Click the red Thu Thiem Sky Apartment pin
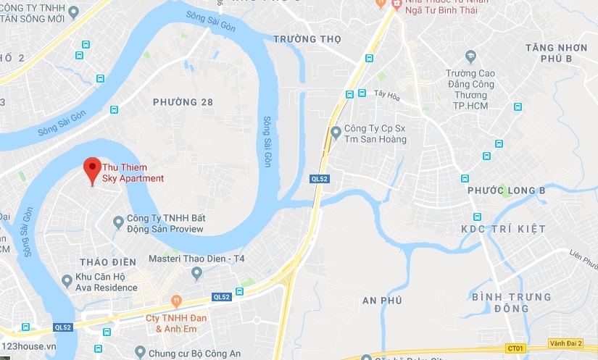pos(91,169)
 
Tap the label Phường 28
pos(183,102)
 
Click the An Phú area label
pos(381,300)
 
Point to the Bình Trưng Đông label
pos(510,303)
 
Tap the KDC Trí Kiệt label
pos(503,229)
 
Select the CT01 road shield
pos(515,348)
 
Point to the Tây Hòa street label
pos(388,93)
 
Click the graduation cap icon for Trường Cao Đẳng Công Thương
pos(471,56)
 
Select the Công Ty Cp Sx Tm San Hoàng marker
pos(335,132)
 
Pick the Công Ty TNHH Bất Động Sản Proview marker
pos(119,221)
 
